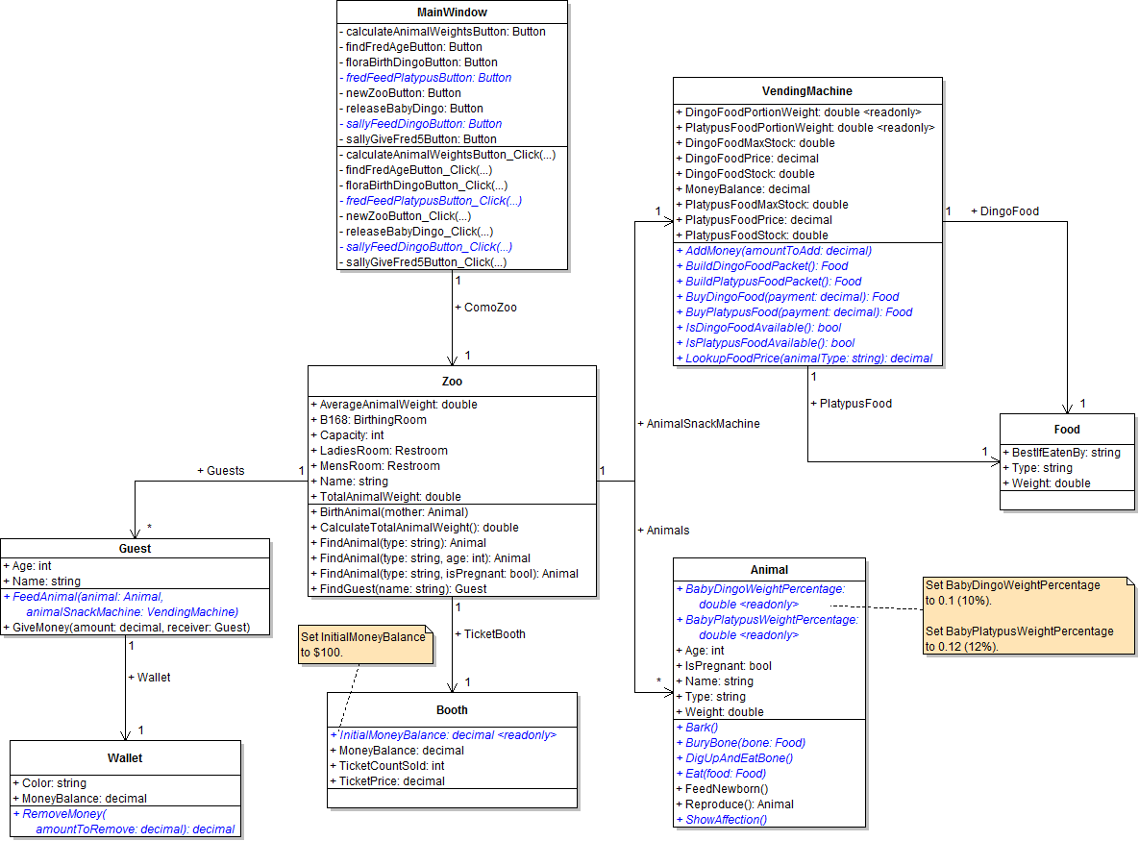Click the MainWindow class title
coord(452,12)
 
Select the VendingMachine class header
coord(806,91)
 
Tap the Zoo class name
coord(452,381)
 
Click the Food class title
coord(1067,430)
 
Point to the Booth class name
coord(452,710)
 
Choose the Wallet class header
coord(125,758)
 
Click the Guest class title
coord(135,549)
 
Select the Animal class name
coord(768,570)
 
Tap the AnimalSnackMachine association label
coord(698,423)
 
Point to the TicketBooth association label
coord(494,634)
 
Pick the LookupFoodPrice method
coord(807,359)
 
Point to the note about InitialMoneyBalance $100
coord(362,644)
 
